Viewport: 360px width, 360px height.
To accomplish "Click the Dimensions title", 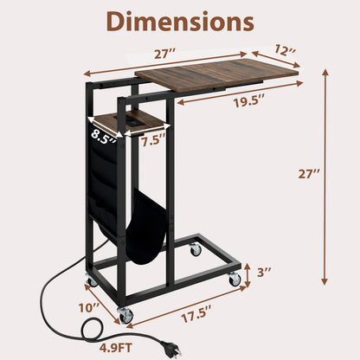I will click(179, 21).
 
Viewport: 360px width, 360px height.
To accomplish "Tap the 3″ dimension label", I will click(264, 272).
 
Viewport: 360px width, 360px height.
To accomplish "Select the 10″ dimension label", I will click(88, 305).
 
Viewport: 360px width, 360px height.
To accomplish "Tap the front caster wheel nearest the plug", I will click(126, 314).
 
